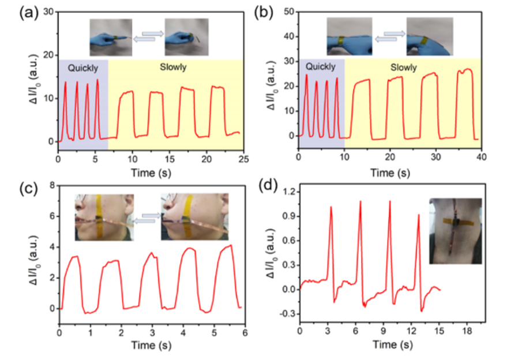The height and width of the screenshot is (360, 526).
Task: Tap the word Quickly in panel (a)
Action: point(83,68)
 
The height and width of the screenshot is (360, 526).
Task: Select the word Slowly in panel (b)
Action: point(404,67)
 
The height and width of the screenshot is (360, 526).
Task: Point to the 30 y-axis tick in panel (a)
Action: point(48,12)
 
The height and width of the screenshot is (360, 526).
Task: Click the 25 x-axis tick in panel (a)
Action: point(244,158)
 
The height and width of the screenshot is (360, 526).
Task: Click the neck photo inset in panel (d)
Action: point(456,231)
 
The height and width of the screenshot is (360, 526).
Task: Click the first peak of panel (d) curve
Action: point(331,207)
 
